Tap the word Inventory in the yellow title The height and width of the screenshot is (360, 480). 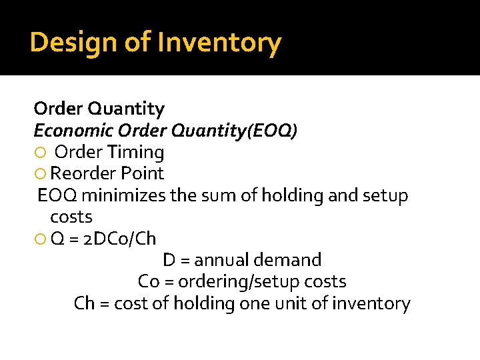(x=219, y=43)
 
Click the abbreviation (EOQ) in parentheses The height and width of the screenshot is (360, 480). (x=271, y=130)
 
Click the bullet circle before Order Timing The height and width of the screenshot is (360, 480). (x=39, y=153)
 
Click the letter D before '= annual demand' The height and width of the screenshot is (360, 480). (x=169, y=260)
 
